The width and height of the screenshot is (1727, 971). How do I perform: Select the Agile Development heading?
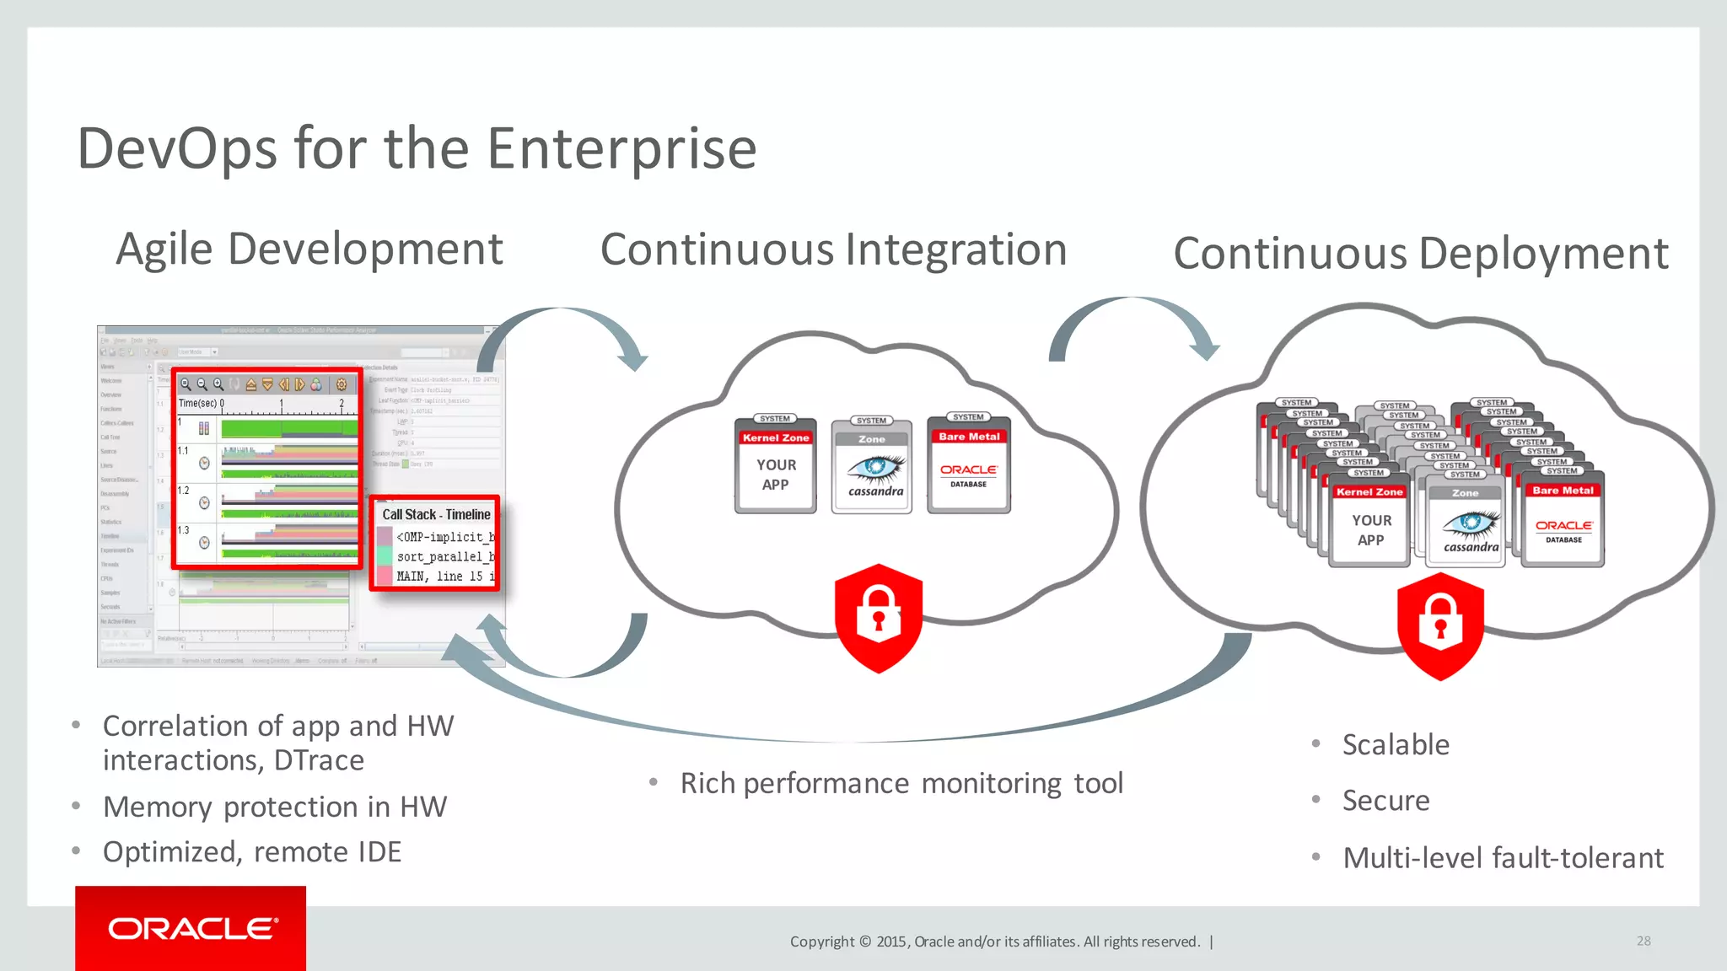[x=309, y=249]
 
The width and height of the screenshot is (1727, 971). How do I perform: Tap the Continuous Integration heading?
[x=833, y=250]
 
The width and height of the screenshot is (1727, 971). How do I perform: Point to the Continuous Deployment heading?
[x=1420, y=254]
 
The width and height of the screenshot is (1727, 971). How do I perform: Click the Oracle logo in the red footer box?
[x=192, y=929]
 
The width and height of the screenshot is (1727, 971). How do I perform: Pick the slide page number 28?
[x=1644, y=941]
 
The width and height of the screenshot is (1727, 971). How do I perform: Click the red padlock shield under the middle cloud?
[x=879, y=617]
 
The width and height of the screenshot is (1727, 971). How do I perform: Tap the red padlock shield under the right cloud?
[x=1440, y=625]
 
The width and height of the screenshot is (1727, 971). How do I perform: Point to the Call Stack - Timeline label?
[x=436, y=515]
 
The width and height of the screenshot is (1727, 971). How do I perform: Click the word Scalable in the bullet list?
[x=1396, y=745]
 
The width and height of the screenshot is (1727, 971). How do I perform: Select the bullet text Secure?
[x=1385, y=801]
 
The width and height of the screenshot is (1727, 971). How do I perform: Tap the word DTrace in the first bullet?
[x=319, y=761]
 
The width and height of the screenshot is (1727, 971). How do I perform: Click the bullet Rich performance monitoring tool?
[x=901, y=784]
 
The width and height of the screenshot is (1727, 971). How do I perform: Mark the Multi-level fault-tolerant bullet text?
[x=1503, y=858]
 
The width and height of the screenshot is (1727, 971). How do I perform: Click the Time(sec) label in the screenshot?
[x=198, y=404]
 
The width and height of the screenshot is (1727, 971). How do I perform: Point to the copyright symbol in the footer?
[x=864, y=941]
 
